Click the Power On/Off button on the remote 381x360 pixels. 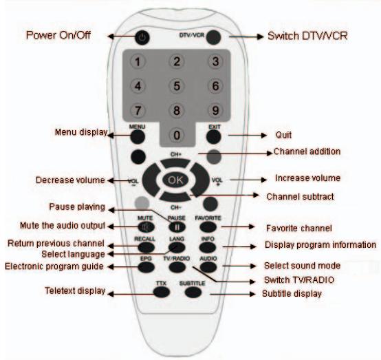tap(142, 38)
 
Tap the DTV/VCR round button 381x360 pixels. tap(214, 38)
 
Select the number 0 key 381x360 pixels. tap(177, 135)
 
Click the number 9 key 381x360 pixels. tap(215, 110)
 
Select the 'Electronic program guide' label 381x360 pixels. tap(54, 266)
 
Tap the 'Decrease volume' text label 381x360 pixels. tap(68, 180)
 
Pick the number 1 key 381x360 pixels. tap(138, 62)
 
